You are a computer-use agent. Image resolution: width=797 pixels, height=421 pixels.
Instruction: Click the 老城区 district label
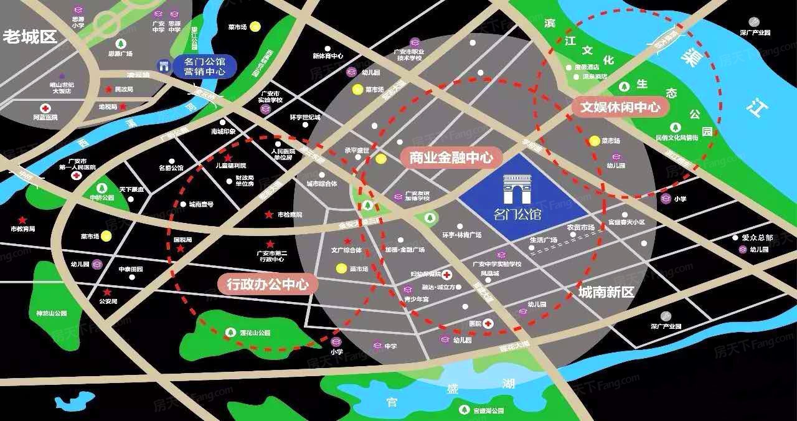[x=30, y=37]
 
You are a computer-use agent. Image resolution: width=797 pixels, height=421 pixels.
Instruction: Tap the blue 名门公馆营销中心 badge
[x=196, y=67]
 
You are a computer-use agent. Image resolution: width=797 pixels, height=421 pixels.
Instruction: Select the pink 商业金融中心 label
[x=451, y=158]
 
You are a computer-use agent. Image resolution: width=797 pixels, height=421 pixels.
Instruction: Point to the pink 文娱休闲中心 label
[x=620, y=107]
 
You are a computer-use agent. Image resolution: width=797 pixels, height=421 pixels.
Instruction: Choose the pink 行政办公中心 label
[x=268, y=285]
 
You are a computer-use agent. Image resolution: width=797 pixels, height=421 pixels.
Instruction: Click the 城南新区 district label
[x=605, y=291]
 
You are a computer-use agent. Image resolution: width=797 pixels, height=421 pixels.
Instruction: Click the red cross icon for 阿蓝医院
[x=45, y=108]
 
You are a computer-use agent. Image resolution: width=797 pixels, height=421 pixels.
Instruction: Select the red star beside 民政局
[x=109, y=90]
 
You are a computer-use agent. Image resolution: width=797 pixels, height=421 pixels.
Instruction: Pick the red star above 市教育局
[x=22, y=220]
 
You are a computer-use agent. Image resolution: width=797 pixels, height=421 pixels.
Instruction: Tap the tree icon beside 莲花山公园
[x=230, y=333]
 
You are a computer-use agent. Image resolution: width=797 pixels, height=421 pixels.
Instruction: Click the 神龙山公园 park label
[x=52, y=313]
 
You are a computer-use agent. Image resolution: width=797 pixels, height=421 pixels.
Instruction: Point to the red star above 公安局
[x=107, y=292]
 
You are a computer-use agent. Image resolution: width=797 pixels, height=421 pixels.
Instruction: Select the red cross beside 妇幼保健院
[x=446, y=274]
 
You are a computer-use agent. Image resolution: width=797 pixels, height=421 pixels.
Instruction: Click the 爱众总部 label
[x=757, y=237]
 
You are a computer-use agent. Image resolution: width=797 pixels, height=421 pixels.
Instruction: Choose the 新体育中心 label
[x=328, y=56]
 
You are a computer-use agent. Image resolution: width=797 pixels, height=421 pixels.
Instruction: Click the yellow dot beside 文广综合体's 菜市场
[x=341, y=268]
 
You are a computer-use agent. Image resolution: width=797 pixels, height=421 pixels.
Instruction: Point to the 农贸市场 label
[x=580, y=228]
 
